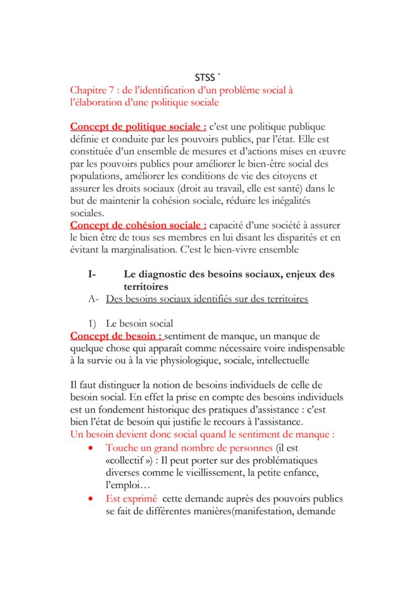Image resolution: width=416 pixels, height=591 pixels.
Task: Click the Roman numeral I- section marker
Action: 91,274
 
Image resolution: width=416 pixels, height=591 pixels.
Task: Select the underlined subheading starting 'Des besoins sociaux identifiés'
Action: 207,299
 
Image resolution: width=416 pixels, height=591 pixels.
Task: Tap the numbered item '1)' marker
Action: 93,323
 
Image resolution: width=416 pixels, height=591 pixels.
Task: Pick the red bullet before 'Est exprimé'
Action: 90,499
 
